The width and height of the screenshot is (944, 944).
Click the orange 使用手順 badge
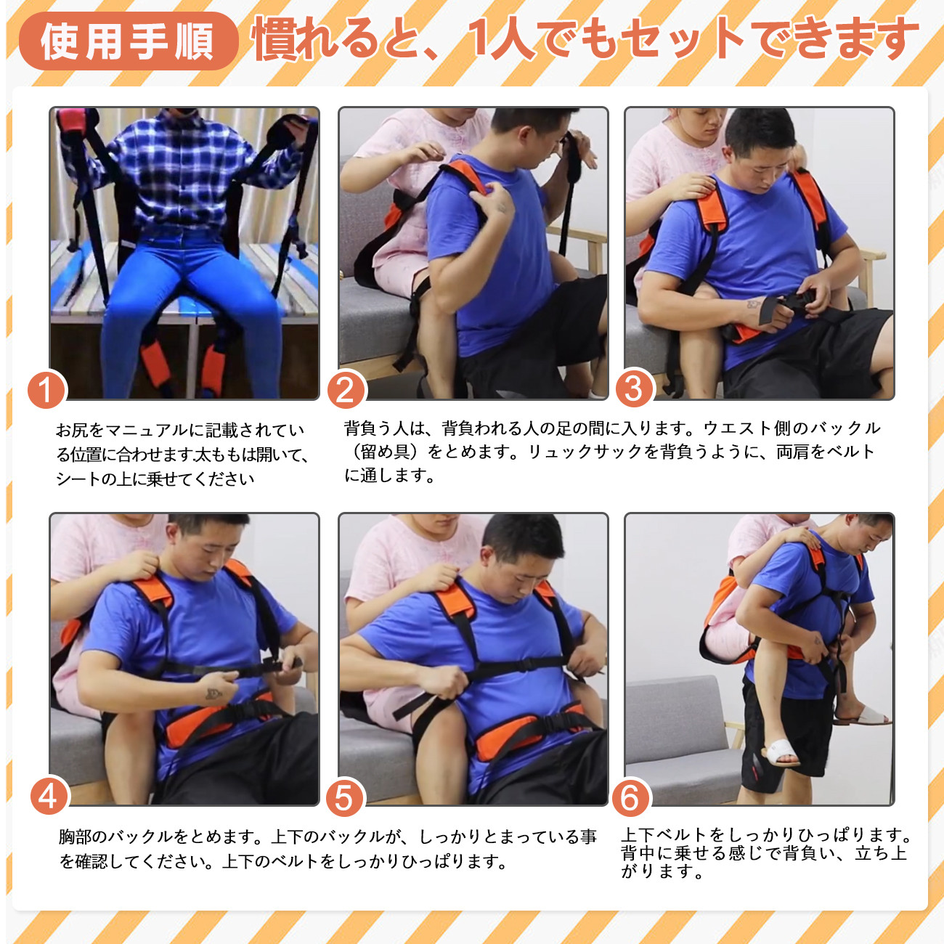128,41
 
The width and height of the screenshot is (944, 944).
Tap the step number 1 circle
46,390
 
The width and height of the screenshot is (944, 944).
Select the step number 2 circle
346,390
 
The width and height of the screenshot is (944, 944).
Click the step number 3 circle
634,389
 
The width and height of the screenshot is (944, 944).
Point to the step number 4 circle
49,797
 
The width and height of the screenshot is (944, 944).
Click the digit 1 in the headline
479,39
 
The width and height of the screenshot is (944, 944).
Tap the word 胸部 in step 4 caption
75,837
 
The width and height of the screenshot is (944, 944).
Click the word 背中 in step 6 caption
638,853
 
